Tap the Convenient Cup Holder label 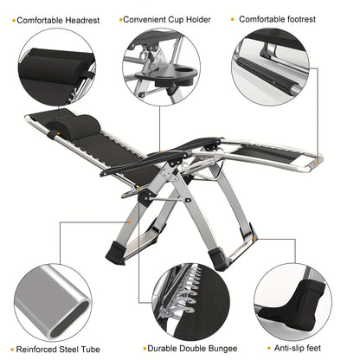[165, 18]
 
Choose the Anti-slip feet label [299, 349]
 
